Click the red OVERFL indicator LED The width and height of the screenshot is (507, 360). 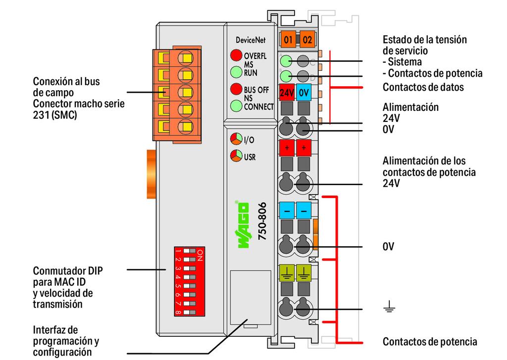(x=236, y=55)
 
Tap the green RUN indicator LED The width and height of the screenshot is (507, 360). (x=236, y=72)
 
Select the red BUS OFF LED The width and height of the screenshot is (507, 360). (x=236, y=89)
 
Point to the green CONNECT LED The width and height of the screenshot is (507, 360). (x=236, y=106)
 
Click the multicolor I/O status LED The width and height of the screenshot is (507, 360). (x=236, y=139)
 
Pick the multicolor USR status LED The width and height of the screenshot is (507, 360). (x=236, y=156)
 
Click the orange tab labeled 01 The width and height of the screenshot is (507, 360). (x=288, y=40)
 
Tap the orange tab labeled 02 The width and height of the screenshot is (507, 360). (x=307, y=40)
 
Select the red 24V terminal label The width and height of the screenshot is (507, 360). (x=287, y=93)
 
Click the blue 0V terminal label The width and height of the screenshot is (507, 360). (x=304, y=93)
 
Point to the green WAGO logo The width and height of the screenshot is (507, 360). (x=243, y=225)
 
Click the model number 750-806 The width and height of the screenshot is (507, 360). (x=262, y=221)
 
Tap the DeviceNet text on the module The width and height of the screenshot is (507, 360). (x=251, y=40)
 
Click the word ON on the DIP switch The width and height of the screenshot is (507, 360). (x=200, y=255)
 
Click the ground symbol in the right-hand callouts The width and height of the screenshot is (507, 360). (x=389, y=307)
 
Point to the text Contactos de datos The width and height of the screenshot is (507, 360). (x=423, y=87)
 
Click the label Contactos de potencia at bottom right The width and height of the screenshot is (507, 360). (x=430, y=342)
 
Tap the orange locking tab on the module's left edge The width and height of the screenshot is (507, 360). (x=152, y=174)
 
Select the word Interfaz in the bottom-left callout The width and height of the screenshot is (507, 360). (x=55, y=330)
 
